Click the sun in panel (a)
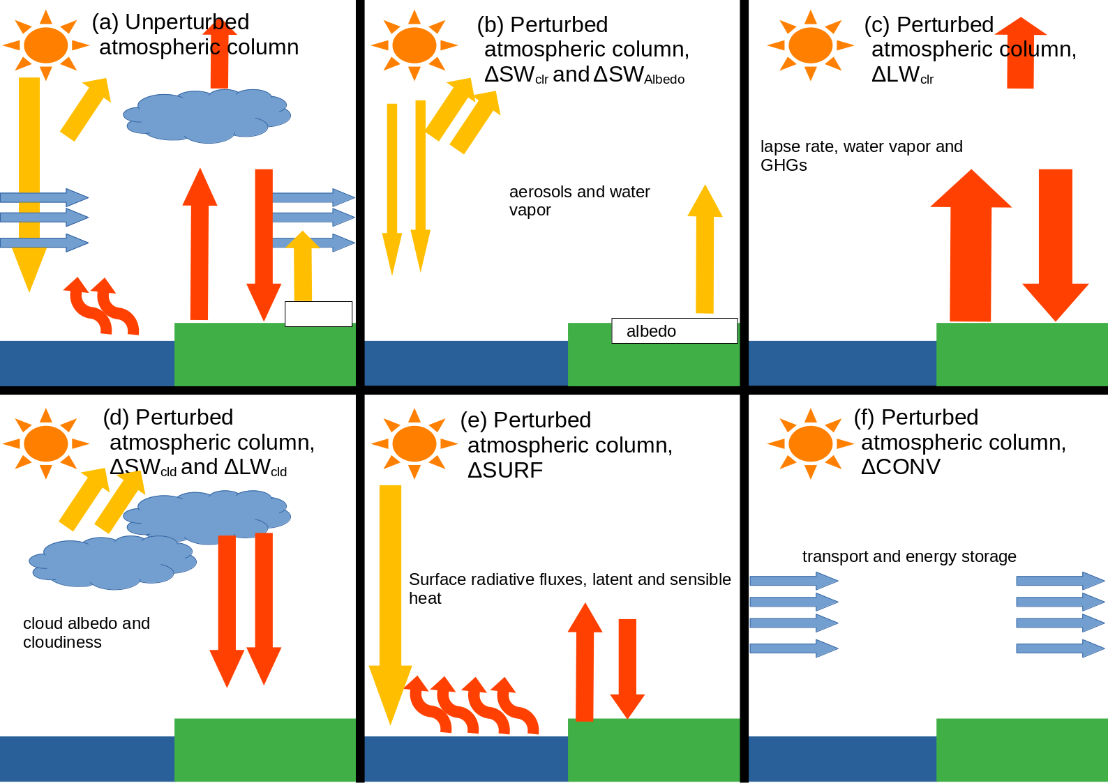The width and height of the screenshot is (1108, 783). pos(46,45)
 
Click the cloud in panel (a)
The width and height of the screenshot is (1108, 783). pos(207,116)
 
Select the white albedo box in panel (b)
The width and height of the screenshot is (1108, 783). pos(674,331)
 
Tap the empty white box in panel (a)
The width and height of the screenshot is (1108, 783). pos(318,314)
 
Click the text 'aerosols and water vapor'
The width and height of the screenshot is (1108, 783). pos(579,201)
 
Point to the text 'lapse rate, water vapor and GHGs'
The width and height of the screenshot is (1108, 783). pos(861,155)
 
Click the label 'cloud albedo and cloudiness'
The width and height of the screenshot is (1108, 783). pos(87,632)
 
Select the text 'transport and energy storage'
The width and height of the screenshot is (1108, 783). pos(908,556)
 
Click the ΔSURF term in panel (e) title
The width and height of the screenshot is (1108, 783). pos(505,471)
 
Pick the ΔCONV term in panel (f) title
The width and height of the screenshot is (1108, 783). pos(900,467)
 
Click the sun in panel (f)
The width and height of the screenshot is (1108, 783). pos(810,443)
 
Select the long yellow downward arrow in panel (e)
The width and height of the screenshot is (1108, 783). pos(390,600)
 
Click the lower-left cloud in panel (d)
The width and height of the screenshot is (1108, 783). pos(113,562)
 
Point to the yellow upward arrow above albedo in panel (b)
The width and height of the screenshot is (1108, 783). pos(705,251)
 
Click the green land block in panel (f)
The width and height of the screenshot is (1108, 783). pos(1021,750)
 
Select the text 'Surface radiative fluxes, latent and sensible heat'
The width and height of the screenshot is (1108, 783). pos(569,588)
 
